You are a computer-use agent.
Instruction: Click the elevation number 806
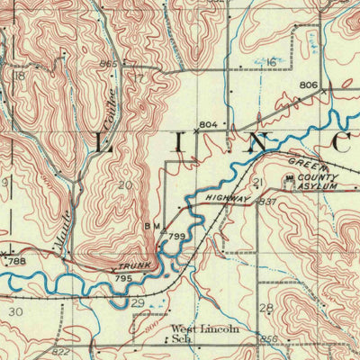pos(309,85)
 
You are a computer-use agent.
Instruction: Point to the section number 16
pos(270,62)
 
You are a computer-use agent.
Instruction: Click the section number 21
pos(257,183)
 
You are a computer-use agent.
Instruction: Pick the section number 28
pos(265,309)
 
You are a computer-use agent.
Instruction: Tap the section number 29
pos(138,304)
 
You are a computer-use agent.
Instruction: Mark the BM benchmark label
pos(151,227)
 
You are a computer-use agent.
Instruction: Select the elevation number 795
pos(124,281)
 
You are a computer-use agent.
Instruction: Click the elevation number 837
pos(267,202)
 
